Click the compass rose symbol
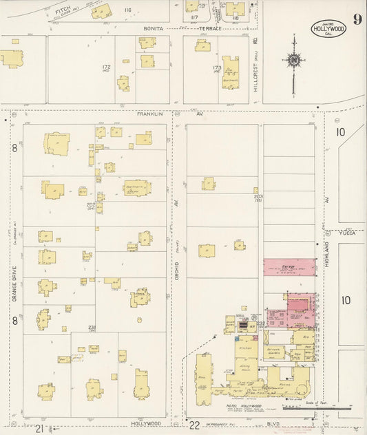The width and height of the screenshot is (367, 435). coord(294,61)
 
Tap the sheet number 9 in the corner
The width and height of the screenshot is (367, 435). coord(357,19)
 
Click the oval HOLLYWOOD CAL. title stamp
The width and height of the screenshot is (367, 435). coord(328,30)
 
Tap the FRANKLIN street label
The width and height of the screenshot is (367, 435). coord(149,114)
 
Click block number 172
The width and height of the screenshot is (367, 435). coord(106,67)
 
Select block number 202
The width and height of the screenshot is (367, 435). coord(91,204)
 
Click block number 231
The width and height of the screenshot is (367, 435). coord(91,327)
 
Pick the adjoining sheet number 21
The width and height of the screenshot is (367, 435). coord(39,428)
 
